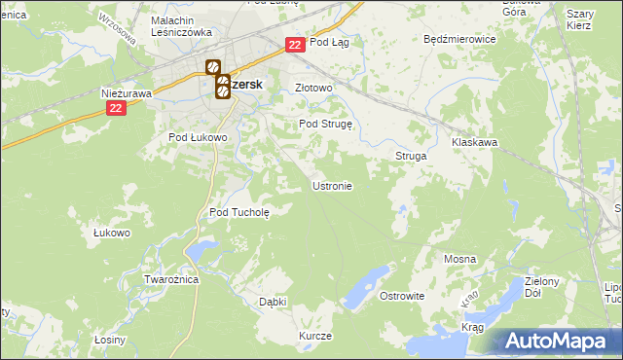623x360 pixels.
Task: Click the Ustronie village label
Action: coord(331,185)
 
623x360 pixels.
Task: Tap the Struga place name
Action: coord(411,156)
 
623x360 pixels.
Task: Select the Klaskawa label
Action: coord(475,142)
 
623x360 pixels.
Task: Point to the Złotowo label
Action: coord(314,88)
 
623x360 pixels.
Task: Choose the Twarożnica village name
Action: coord(171,279)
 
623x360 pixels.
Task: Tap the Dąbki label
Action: coord(273,302)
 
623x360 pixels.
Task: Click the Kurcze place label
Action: coord(315,336)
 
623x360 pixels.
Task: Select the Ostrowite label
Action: coord(402,295)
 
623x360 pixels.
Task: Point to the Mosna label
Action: coord(459,259)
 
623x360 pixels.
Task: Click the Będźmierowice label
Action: coord(460,40)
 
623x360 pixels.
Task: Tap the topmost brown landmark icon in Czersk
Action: coord(212,68)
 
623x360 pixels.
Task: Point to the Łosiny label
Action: coord(110,340)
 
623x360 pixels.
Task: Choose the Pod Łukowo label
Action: coord(199,137)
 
